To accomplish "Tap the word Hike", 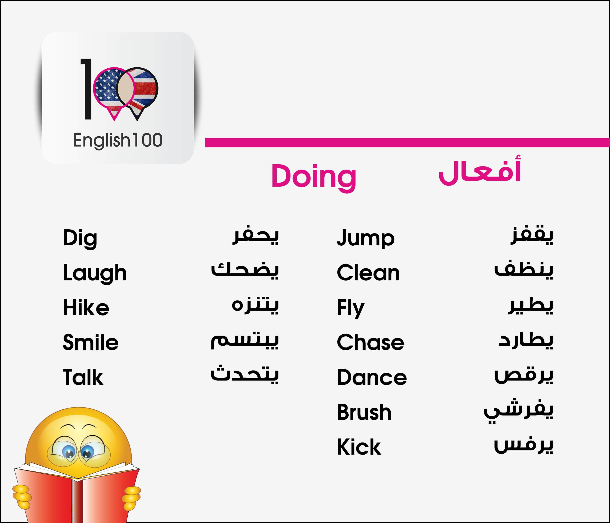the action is point(86,308).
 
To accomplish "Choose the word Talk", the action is point(83,377).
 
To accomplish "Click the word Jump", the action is point(366,238).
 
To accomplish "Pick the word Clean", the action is point(368,273).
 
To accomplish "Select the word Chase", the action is point(370,342).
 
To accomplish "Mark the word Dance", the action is point(372,377).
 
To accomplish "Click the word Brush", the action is point(364,412).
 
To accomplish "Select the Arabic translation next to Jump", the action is point(532,236).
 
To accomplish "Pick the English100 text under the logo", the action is point(118,140).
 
